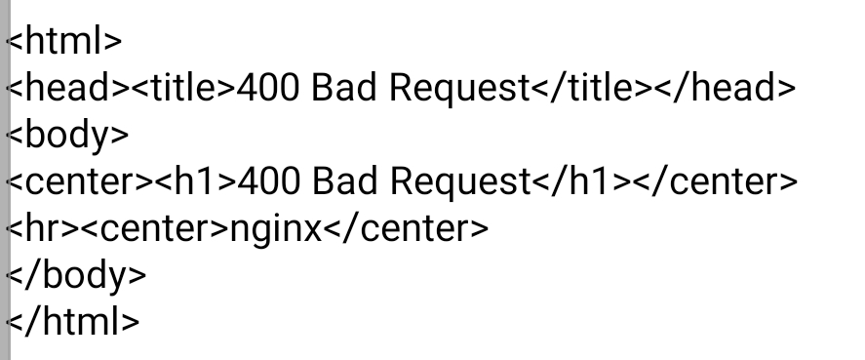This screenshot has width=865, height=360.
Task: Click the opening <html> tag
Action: click(64, 41)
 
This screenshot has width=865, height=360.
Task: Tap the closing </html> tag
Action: click(73, 321)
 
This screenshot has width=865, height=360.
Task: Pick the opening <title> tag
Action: click(183, 87)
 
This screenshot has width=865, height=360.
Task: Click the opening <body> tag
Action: click(67, 136)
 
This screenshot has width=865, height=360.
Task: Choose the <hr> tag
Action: click(43, 228)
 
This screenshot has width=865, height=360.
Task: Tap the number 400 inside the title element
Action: click(268, 88)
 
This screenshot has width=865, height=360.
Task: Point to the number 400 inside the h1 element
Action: click(269, 181)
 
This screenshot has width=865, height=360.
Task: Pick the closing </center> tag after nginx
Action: click(406, 228)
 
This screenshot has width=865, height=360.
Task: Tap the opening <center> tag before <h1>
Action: click(79, 181)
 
